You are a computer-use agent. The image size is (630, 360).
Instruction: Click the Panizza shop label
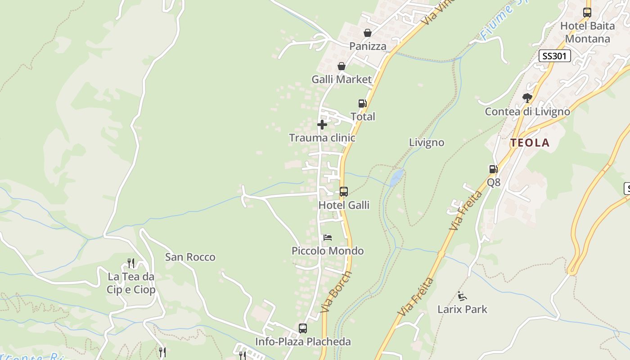[x=368, y=46]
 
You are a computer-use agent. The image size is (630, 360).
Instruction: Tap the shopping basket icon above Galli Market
[x=342, y=67]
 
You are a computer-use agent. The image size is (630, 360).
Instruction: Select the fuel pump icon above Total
[x=362, y=103]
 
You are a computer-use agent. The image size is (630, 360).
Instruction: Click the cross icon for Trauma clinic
[x=322, y=125]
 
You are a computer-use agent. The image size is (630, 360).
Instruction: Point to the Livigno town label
[x=426, y=143]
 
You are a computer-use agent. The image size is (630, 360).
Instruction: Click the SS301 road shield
[x=554, y=56]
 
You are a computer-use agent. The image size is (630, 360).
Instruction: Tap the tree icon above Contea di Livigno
[x=527, y=98]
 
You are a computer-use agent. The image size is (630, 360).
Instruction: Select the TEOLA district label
[x=530, y=143]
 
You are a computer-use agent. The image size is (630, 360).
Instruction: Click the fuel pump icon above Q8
[x=493, y=169]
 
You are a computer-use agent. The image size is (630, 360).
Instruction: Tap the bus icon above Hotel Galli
[x=344, y=192]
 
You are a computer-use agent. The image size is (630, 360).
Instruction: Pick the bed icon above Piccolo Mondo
[x=328, y=237]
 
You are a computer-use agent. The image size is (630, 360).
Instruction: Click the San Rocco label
[x=190, y=257]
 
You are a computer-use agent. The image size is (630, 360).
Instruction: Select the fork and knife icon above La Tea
[x=131, y=263]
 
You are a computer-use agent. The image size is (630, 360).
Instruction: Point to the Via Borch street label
[x=336, y=292]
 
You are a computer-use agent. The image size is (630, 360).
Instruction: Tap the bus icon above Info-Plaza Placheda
[x=303, y=328]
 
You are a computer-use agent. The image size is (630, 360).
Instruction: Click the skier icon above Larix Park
[x=462, y=296]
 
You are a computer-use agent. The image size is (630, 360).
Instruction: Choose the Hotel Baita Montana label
[x=587, y=32]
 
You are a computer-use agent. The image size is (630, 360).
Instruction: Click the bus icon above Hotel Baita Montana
[x=587, y=13]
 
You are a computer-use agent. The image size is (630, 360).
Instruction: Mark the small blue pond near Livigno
[x=396, y=177]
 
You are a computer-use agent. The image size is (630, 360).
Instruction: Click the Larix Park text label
[x=462, y=310]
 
